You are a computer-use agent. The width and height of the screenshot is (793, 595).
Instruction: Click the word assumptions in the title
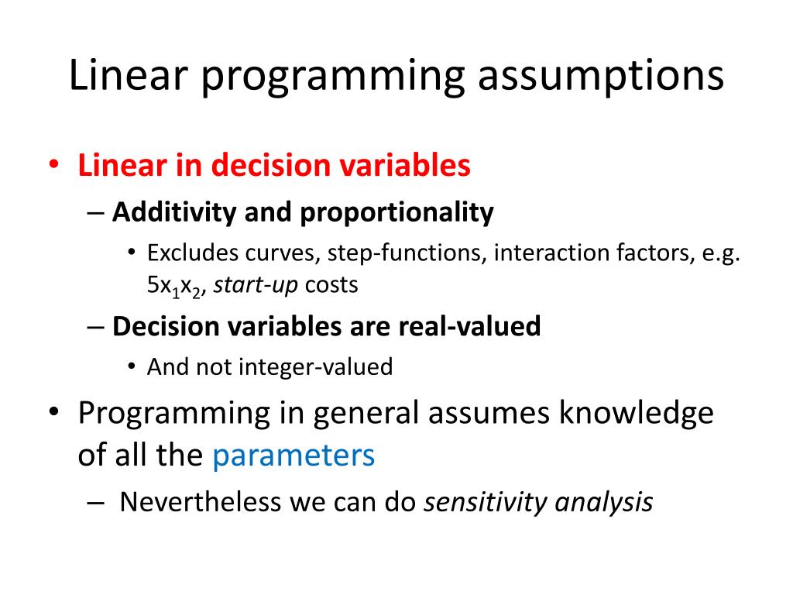pyautogui.click(x=601, y=77)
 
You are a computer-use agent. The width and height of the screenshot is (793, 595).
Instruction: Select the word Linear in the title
pyautogui.click(x=129, y=74)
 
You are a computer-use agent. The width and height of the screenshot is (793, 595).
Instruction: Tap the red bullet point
pyautogui.click(x=53, y=164)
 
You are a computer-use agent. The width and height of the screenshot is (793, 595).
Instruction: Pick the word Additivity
pyautogui.click(x=174, y=212)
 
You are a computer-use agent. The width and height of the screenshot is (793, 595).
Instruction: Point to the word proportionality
pyautogui.click(x=397, y=212)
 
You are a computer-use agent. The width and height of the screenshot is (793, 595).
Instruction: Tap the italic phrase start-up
pyautogui.click(x=256, y=285)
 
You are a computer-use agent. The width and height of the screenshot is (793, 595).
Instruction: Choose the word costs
pyautogui.click(x=331, y=285)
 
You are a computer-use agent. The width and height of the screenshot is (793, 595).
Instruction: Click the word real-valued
pyautogui.click(x=470, y=326)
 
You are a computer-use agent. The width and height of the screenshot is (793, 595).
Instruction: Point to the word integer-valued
pyautogui.click(x=316, y=367)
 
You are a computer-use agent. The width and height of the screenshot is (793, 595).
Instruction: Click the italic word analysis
pyautogui.click(x=604, y=502)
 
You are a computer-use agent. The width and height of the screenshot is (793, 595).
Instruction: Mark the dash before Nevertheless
pyautogui.click(x=95, y=503)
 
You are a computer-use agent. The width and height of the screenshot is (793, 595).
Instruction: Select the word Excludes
pyautogui.click(x=192, y=253)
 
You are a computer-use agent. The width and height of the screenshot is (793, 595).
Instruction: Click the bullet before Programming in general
pyautogui.click(x=53, y=412)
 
